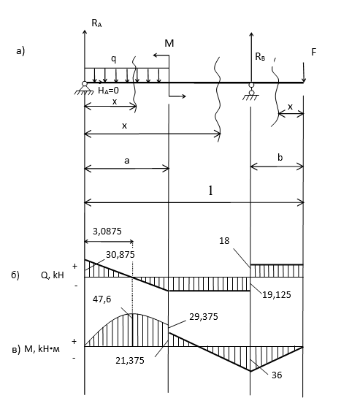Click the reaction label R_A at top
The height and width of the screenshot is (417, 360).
(x=96, y=23)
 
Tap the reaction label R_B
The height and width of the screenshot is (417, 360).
(x=260, y=57)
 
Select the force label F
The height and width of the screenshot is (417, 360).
(x=314, y=52)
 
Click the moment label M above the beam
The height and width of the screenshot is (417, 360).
(x=169, y=43)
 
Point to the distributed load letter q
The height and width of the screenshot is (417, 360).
(x=114, y=59)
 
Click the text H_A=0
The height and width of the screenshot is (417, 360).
(x=108, y=91)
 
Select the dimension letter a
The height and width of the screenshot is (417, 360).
(x=127, y=161)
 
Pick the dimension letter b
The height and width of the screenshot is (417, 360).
(x=280, y=158)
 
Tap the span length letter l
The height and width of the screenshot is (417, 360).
(x=210, y=191)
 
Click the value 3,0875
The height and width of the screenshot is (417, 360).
(x=107, y=232)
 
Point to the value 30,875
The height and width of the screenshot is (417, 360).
(x=120, y=255)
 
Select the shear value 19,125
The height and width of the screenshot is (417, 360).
(x=277, y=294)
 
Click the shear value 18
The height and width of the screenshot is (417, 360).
(x=224, y=241)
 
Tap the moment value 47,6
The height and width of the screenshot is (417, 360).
(x=102, y=299)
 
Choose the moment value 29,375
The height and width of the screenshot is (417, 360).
(x=204, y=317)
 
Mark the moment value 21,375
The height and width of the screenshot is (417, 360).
(x=130, y=361)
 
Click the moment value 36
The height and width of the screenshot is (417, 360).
(x=277, y=375)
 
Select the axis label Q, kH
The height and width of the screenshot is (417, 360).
(x=53, y=275)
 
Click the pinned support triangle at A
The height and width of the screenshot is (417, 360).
(x=84, y=88)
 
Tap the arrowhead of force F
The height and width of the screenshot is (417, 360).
(x=304, y=80)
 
